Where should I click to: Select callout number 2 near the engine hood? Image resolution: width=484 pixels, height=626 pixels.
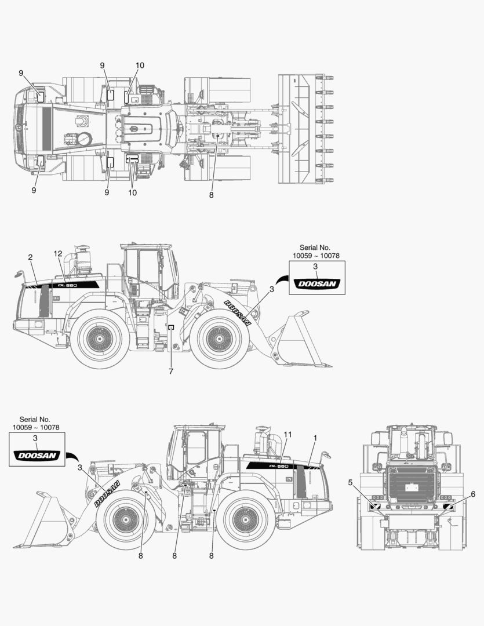click(30, 257)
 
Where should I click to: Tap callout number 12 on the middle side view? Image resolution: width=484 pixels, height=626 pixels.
click(57, 254)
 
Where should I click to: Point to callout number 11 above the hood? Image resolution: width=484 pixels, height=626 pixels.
click(288, 435)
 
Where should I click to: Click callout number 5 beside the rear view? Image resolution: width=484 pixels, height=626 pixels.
click(350, 482)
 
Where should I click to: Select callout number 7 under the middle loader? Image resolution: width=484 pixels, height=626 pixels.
click(170, 372)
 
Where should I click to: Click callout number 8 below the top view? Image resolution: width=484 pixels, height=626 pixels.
click(211, 195)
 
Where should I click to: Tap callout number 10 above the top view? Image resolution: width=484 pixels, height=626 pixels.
click(140, 65)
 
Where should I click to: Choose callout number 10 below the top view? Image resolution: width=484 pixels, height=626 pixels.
click(133, 192)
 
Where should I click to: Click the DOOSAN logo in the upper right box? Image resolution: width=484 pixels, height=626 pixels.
click(316, 283)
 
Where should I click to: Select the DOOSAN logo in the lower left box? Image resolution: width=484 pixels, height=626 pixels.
click(37, 456)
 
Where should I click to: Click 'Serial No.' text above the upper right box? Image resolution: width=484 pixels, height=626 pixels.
click(315, 248)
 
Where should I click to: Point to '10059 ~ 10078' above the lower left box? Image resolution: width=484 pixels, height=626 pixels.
click(35, 427)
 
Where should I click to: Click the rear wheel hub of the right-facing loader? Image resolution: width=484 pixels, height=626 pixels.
click(99, 338)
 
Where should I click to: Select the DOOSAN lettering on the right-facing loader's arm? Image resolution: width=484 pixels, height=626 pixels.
click(238, 312)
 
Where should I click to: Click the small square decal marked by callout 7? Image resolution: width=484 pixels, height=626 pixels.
click(171, 328)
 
